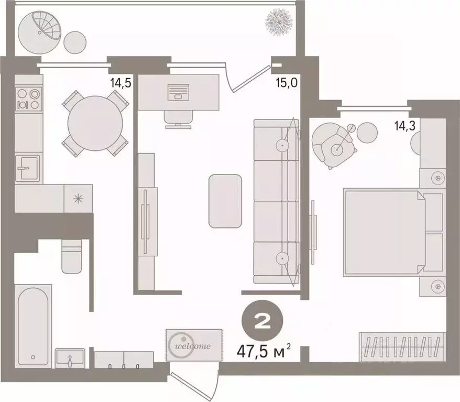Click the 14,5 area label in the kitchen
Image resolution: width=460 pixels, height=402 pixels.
121,83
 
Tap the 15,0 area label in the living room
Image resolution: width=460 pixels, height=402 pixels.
287,83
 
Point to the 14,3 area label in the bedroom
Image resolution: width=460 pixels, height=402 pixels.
405,126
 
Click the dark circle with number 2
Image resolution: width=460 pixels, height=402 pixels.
262,321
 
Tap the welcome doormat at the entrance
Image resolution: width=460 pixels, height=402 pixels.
194,345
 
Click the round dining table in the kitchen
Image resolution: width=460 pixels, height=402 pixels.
95,123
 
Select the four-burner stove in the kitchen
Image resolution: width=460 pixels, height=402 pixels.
28,99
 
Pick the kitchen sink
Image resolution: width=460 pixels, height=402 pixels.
27,168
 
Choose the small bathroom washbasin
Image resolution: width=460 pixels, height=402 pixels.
70,358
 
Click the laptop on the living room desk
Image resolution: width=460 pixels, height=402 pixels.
178,92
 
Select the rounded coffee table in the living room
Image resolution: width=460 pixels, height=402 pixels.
225,201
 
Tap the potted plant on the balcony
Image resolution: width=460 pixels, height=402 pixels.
279,22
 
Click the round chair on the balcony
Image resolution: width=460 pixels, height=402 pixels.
40,32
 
